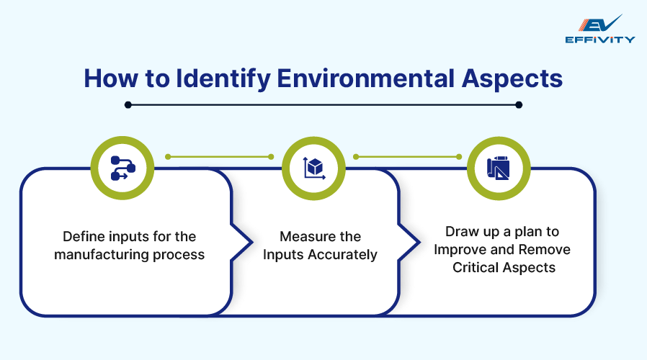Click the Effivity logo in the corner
point(600,28)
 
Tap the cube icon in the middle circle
point(313,168)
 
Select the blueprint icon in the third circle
point(499,168)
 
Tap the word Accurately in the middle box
point(343,254)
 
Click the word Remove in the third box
point(545,249)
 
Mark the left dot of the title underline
point(128,104)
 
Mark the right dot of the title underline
point(519,104)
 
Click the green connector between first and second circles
point(218,156)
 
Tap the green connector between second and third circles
point(407,156)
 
